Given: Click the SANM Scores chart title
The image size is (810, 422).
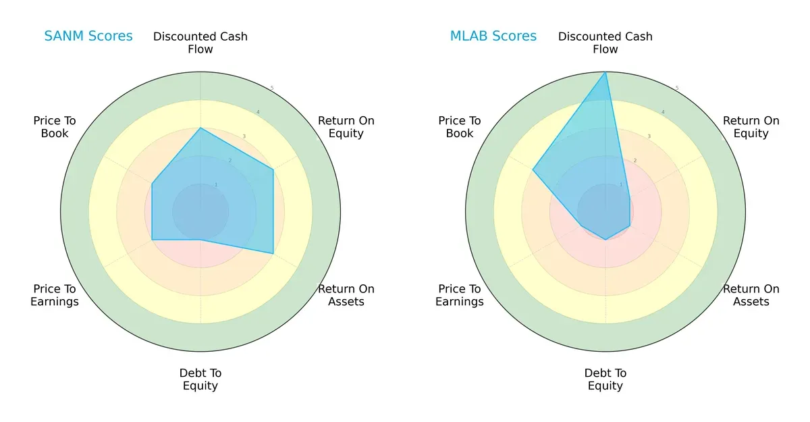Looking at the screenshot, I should coord(88,36).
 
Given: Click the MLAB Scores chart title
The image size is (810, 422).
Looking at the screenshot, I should coord(493,36).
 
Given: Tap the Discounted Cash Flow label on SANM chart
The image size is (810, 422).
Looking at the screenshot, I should coord(200,43).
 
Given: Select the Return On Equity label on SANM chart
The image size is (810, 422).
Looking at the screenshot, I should coord(346,127).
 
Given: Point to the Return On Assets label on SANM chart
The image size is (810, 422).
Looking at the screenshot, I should coord(346,295).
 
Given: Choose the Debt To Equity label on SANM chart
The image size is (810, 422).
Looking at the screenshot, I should coord(200,379).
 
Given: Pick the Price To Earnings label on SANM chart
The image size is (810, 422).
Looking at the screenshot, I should coord(55,295).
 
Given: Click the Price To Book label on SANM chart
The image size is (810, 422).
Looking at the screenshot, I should coord(55,127).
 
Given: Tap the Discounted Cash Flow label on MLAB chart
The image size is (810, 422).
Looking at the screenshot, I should coord(605,43).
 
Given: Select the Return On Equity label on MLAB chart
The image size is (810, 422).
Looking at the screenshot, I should coord(751,127).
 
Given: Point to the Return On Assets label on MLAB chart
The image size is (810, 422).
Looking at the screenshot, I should coord(751,295).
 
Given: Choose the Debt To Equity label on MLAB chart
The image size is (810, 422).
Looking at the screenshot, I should coord(605,379).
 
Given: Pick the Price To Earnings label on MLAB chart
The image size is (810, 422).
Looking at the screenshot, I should coord(460,295).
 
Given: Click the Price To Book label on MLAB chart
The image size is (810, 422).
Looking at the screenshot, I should coord(460,127).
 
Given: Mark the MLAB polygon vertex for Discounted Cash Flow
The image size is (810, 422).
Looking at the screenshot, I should coord(605,72).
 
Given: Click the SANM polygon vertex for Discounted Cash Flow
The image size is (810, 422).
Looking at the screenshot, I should coord(200,128).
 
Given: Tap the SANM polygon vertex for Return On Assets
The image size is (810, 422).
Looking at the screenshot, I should coord(273,254).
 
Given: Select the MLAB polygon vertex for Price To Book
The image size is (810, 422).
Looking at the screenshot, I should coord(533,169).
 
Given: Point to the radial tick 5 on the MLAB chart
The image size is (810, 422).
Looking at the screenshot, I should coord(677,88).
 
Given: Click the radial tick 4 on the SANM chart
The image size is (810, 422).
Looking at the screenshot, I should coord(258,112).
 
